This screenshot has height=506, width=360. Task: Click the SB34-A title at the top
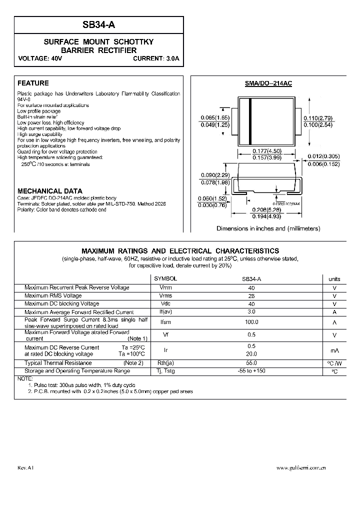[98, 24]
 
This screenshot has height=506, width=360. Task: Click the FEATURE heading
[33, 83]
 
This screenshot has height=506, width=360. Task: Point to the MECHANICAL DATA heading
[50, 191]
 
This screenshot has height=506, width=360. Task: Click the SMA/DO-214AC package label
[268, 84]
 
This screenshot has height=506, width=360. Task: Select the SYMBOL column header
[165, 278]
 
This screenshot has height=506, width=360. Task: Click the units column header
[334, 278]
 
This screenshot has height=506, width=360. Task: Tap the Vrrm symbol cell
[165, 287]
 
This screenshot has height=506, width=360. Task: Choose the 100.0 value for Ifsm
[251, 322]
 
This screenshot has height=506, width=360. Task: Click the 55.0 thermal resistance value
[251, 363]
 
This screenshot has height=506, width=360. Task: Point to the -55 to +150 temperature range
[251, 371]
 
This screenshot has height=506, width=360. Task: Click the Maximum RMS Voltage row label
[53, 295]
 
